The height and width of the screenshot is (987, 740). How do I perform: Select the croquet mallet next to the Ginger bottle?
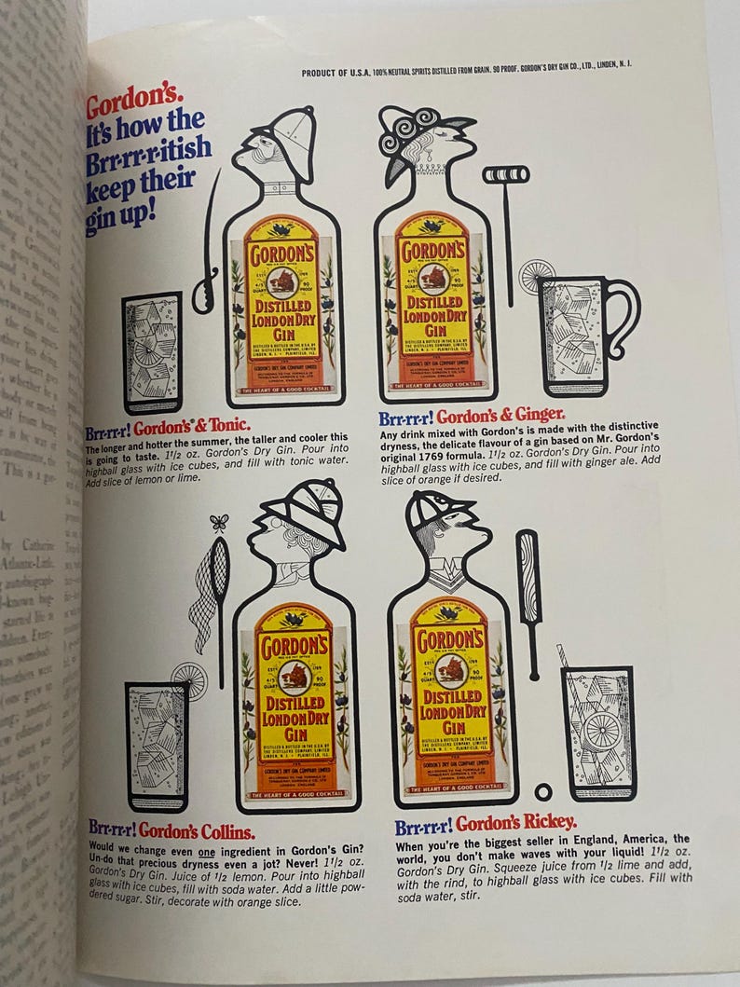pyautogui.click(x=506, y=224)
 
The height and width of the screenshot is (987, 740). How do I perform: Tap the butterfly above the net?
pyautogui.click(x=219, y=523)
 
